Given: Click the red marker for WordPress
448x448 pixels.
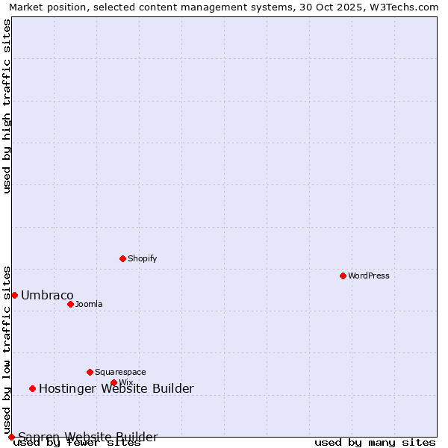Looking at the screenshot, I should (343, 276).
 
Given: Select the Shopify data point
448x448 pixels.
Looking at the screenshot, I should (122, 258).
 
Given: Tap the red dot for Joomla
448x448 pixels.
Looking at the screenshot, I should (70, 304).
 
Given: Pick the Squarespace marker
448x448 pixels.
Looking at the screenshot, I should (90, 372).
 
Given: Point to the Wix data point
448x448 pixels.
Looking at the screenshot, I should (113, 382).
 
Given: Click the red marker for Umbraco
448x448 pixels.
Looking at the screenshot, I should (14, 295).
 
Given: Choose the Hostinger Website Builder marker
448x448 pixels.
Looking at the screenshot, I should (32, 388).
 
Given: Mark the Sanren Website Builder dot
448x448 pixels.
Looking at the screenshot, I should (11, 437).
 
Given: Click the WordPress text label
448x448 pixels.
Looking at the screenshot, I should (368, 276).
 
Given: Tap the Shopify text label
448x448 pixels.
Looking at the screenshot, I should (142, 258).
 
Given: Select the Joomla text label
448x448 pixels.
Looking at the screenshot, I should (89, 304).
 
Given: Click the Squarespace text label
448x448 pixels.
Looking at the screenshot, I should (120, 372).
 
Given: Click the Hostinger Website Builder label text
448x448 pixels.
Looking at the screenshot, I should (116, 388).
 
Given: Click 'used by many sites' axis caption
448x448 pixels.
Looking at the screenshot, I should (374, 443).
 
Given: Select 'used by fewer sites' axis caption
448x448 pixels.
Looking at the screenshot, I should (77, 443).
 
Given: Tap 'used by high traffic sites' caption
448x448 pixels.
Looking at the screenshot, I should (7, 106).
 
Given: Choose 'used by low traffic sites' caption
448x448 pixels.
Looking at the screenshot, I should (7, 349).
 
